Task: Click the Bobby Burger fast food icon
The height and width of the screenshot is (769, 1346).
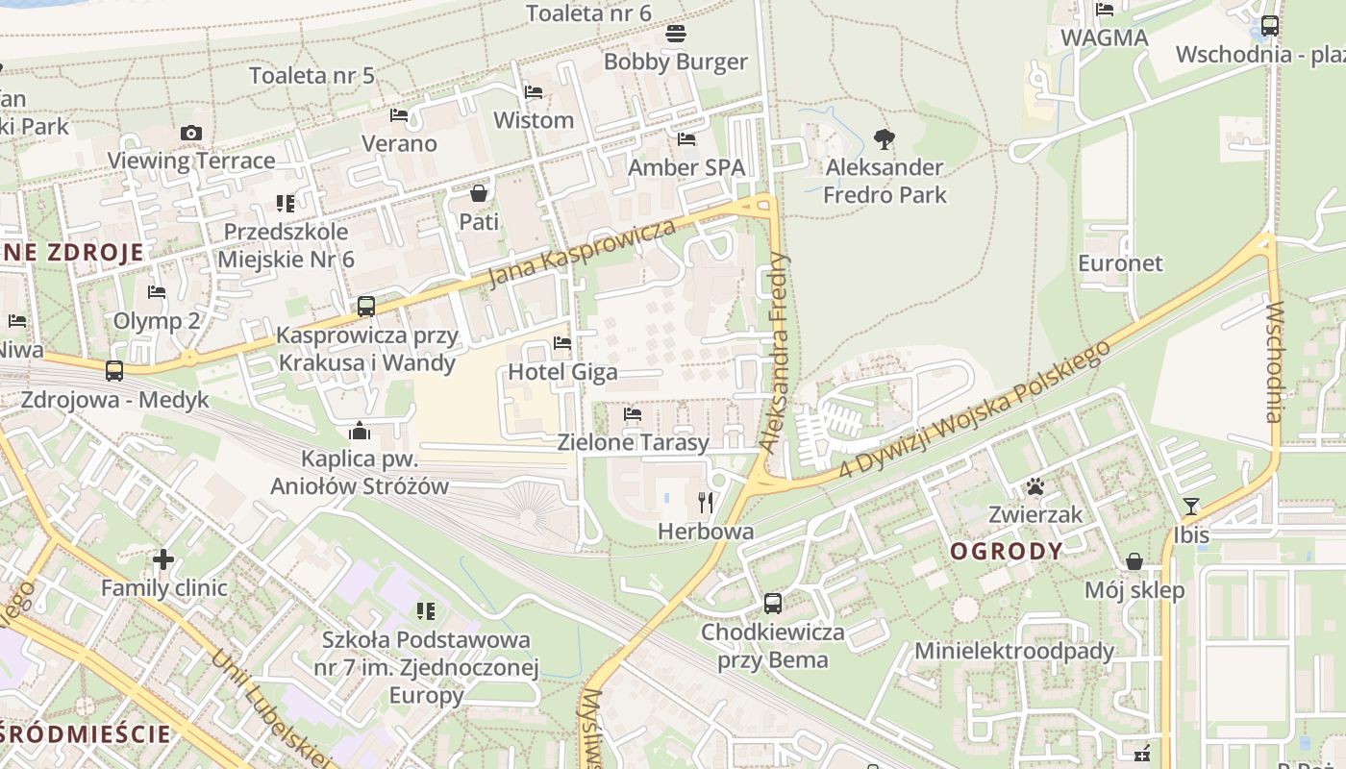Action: tap(676, 35)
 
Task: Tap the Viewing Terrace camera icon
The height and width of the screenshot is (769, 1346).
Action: tap(191, 133)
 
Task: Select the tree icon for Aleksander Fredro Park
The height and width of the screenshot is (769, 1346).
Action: tap(885, 139)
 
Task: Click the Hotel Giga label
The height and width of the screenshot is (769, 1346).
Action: tap(562, 372)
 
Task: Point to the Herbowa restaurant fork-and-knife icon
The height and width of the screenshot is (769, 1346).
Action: tap(706, 502)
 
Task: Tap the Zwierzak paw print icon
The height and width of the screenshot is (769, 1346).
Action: tap(1035, 486)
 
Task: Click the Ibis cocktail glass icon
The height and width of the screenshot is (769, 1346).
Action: tap(1191, 507)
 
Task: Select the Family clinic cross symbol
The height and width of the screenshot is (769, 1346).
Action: tap(163, 558)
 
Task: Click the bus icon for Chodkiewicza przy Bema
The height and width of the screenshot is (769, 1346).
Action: tap(773, 604)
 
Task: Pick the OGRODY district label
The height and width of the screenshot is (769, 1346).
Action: tap(1006, 551)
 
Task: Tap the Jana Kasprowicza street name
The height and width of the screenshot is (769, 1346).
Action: tap(583, 254)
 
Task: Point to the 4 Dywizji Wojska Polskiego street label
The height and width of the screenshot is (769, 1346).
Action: tap(975, 408)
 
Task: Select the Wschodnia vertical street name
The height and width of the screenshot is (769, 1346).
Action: tap(1275, 362)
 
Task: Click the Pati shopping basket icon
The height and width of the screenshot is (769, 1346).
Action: tap(479, 193)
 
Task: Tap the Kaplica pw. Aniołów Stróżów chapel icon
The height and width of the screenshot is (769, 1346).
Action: tap(361, 430)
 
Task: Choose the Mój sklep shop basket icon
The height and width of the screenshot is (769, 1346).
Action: tap(1134, 561)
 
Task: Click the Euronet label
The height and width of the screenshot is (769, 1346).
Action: tap(1120, 263)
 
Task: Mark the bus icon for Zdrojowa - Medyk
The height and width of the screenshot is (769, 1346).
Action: tap(114, 371)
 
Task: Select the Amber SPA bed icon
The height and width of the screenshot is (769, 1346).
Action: tap(686, 139)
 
